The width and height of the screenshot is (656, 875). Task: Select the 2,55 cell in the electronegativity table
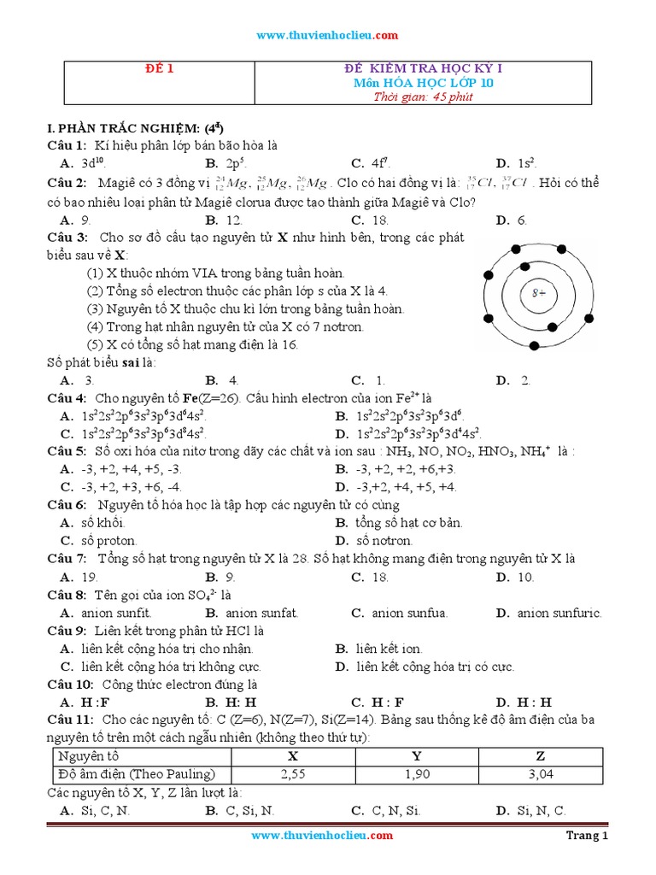click(x=293, y=774)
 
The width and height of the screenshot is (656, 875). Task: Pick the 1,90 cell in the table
click(x=416, y=774)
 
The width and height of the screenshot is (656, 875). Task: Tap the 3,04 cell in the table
click(x=540, y=774)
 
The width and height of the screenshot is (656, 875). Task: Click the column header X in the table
click(x=293, y=756)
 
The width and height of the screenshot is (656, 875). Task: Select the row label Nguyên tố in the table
click(x=88, y=756)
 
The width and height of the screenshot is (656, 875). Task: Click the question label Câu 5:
click(x=67, y=451)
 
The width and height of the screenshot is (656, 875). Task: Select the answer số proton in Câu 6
click(x=108, y=541)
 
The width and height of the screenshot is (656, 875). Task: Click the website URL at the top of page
click(x=328, y=35)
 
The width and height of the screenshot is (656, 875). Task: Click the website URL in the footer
click(x=322, y=836)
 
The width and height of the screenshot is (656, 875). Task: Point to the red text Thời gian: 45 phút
click(x=422, y=97)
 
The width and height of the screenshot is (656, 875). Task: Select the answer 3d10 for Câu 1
click(x=92, y=163)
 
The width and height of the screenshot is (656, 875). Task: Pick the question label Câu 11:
click(x=70, y=720)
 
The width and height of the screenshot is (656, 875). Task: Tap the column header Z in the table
click(x=540, y=756)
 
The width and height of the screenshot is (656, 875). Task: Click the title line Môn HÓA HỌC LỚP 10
click(x=423, y=83)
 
